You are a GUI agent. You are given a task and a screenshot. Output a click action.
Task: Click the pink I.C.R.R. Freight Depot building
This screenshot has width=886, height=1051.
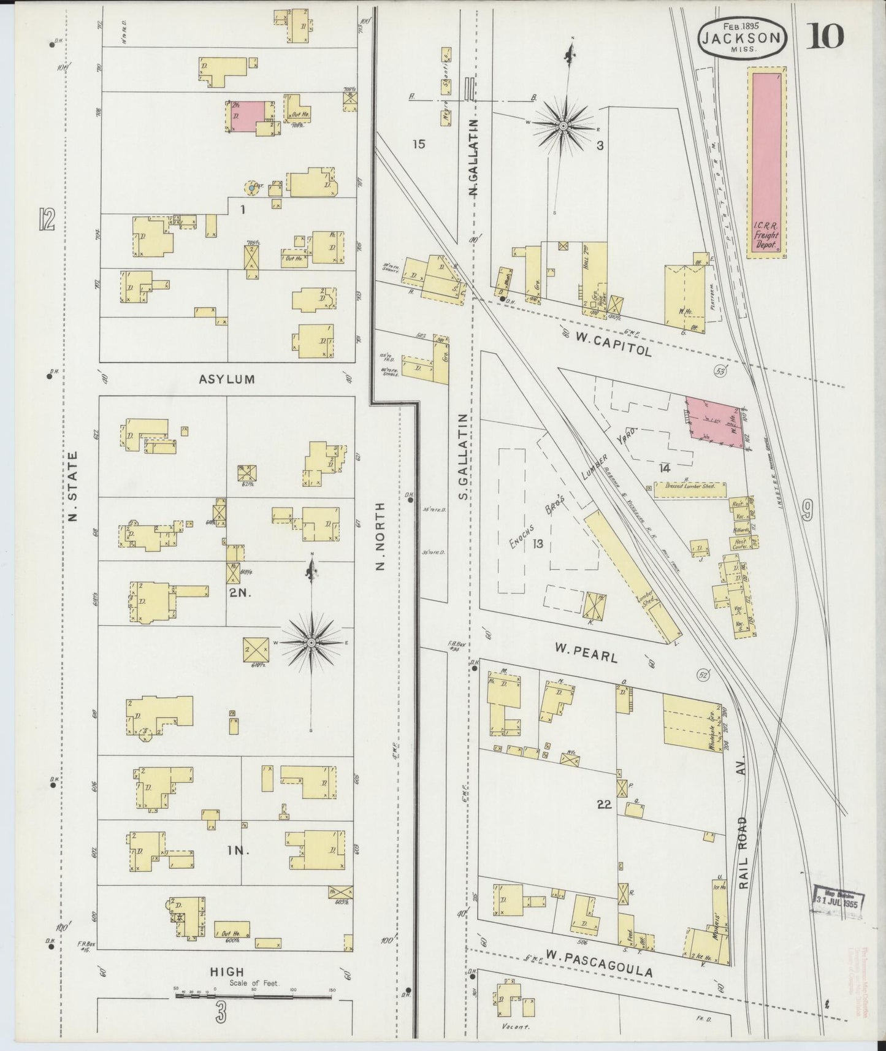point(766,162)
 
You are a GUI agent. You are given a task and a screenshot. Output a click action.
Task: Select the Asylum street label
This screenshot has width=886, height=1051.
point(226,380)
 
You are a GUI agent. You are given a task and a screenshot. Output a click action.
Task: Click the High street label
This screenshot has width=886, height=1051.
point(227,971)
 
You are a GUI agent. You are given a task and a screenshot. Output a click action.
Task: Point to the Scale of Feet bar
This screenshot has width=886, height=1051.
point(254,996)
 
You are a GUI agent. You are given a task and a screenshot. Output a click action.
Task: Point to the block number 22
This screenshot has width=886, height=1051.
point(604,804)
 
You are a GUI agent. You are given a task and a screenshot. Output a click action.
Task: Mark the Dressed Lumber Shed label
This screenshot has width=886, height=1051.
point(689,489)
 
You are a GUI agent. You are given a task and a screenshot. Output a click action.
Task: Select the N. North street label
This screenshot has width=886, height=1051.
point(380,537)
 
